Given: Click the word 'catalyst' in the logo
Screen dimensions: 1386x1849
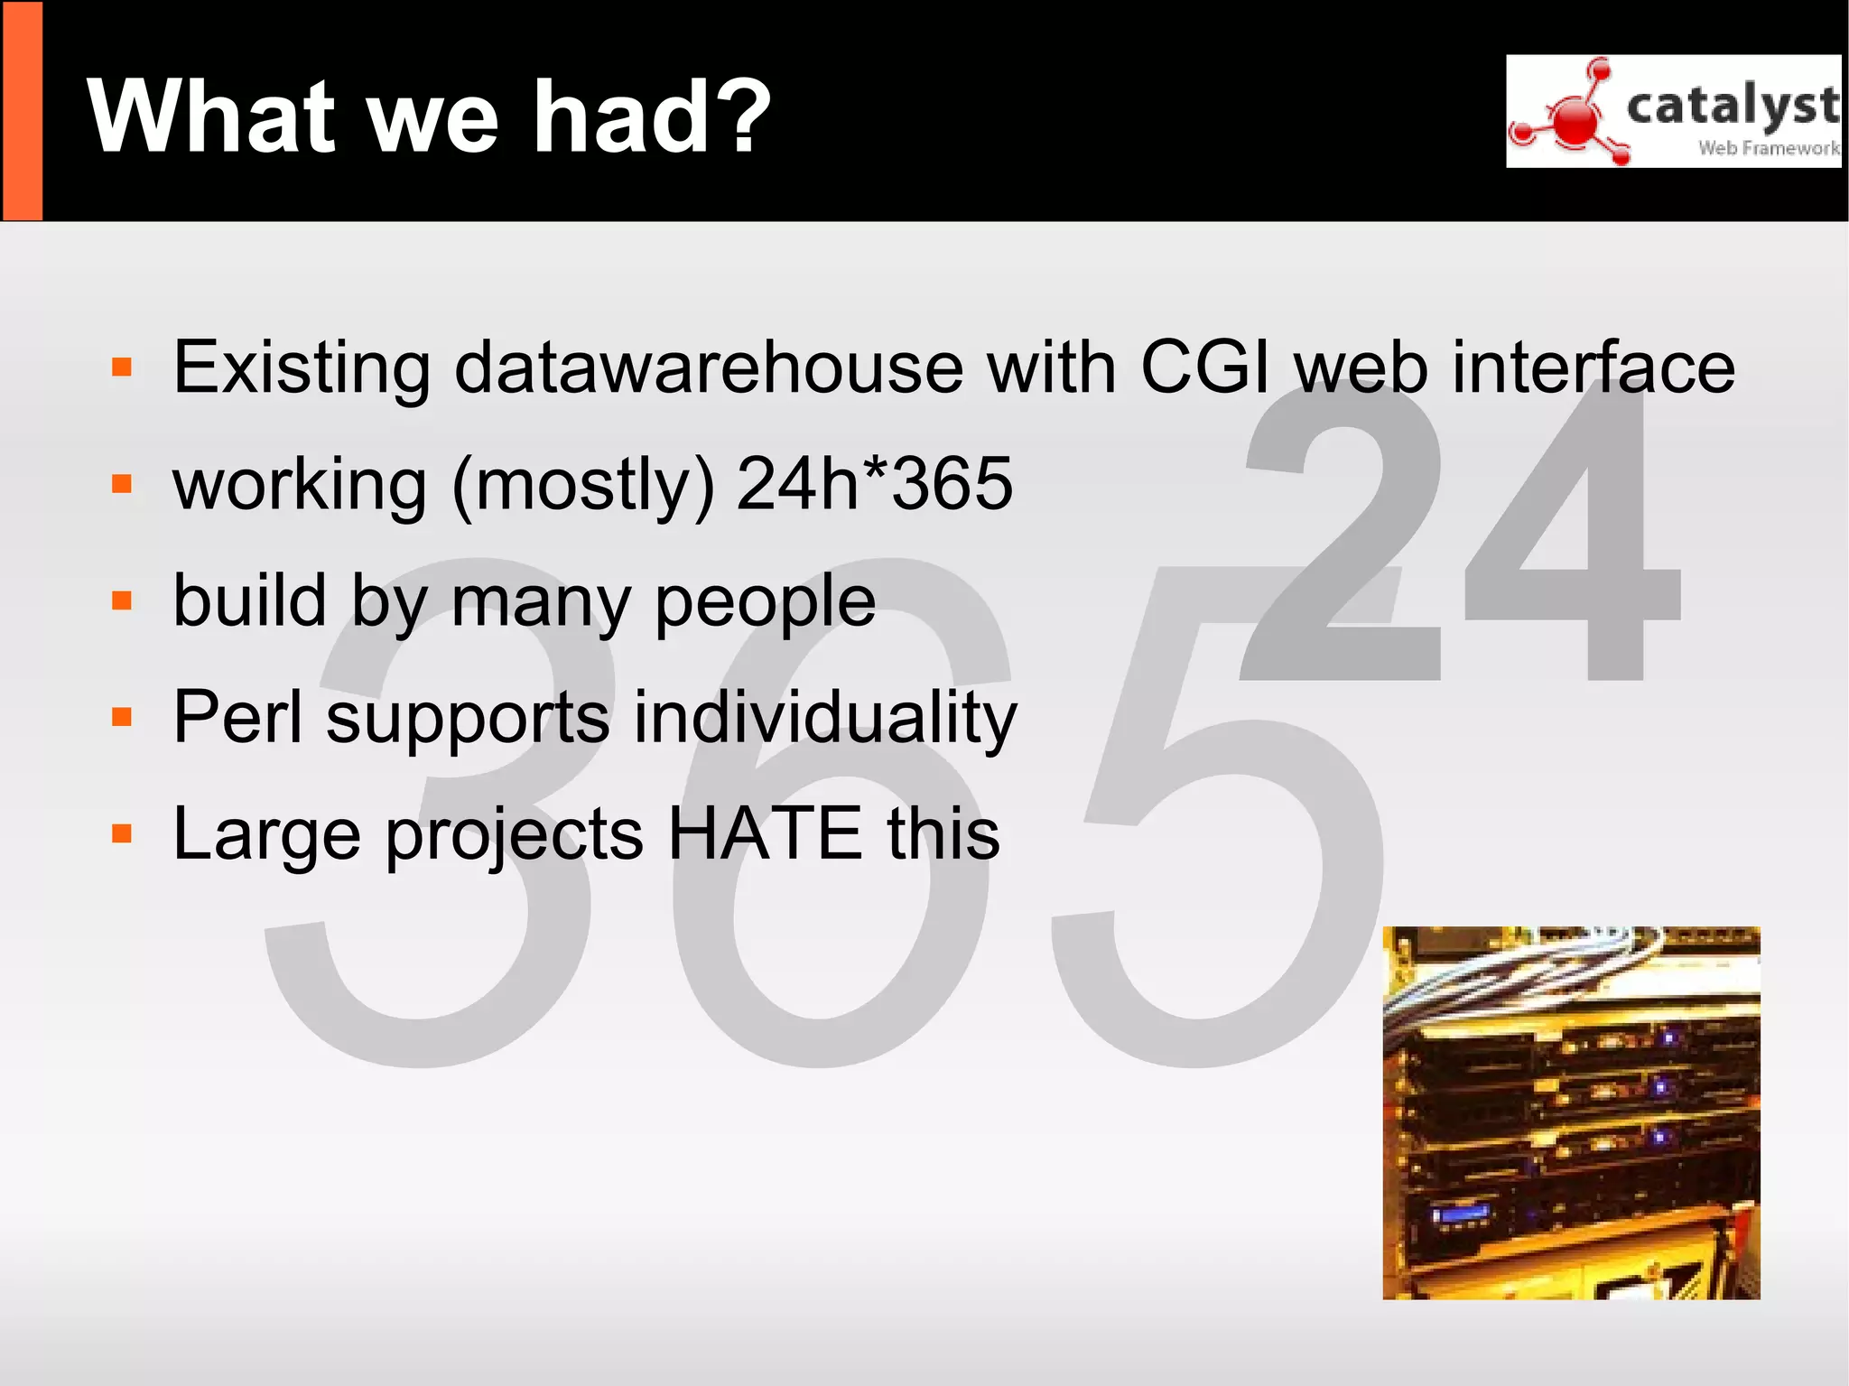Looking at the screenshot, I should [x=1732, y=107].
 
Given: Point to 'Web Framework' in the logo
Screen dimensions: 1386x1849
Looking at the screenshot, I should [x=1768, y=148].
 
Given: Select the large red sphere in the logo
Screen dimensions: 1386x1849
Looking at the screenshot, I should [x=1575, y=119].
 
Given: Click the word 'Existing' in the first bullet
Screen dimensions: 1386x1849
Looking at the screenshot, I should [x=302, y=368].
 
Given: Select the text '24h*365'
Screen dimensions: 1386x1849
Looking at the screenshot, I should [x=874, y=484].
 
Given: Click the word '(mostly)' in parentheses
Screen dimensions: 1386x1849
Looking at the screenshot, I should [x=583, y=486].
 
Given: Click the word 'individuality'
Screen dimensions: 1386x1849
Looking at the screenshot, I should [x=824, y=719].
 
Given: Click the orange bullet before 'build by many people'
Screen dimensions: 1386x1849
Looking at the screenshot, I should [x=122, y=600].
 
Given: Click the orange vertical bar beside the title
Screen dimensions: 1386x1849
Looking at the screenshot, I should [x=22, y=111].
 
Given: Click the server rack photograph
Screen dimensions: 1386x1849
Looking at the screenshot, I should [x=1571, y=1112].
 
